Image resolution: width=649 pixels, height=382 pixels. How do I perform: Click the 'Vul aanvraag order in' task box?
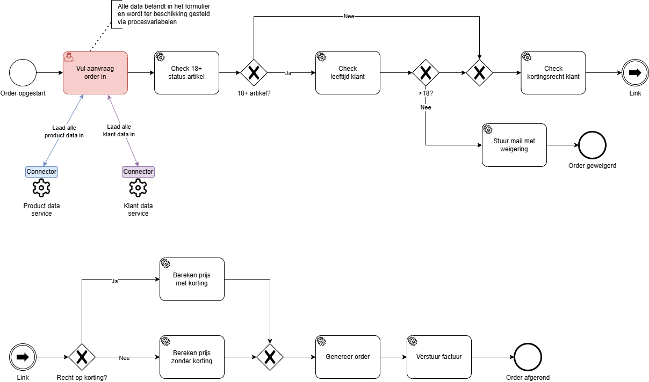click(x=96, y=72)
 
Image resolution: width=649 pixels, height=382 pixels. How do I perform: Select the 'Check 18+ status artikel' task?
click(x=186, y=72)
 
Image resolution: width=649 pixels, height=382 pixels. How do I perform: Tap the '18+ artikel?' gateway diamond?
click(x=254, y=72)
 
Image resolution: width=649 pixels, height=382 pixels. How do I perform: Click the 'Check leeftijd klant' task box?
click(x=348, y=72)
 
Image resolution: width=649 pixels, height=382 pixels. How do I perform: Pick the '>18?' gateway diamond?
click(x=426, y=72)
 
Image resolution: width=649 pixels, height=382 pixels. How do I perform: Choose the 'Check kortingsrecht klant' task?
click(x=553, y=72)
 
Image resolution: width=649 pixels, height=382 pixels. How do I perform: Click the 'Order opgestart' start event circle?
click(x=23, y=72)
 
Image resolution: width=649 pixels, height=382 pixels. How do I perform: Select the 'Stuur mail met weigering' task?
click(x=514, y=145)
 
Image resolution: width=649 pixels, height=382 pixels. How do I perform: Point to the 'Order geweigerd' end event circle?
click(x=592, y=145)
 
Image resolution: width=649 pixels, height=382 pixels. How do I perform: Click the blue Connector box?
click(x=41, y=172)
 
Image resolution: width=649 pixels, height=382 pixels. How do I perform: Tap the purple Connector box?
click(x=138, y=172)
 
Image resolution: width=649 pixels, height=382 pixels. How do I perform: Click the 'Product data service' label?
click(x=41, y=209)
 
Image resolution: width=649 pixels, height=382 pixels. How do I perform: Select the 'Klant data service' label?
click(x=138, y=209)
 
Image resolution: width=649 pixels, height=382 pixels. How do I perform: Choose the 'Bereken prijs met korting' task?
click(x=192, y=279)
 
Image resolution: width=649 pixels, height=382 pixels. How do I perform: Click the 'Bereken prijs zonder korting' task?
click(x=192, y=357)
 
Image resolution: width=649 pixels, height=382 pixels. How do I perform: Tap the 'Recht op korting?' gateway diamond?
click(x=82, y=357)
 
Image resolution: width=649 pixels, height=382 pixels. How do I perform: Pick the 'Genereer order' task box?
click(x=348, y=357)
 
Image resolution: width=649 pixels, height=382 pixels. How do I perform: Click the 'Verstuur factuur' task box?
click(x=439, y=357)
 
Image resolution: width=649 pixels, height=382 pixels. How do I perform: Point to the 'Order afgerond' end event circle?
click(x=528, y=357)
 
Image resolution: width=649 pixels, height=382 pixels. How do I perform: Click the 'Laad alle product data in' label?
click(x=64, y=131)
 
